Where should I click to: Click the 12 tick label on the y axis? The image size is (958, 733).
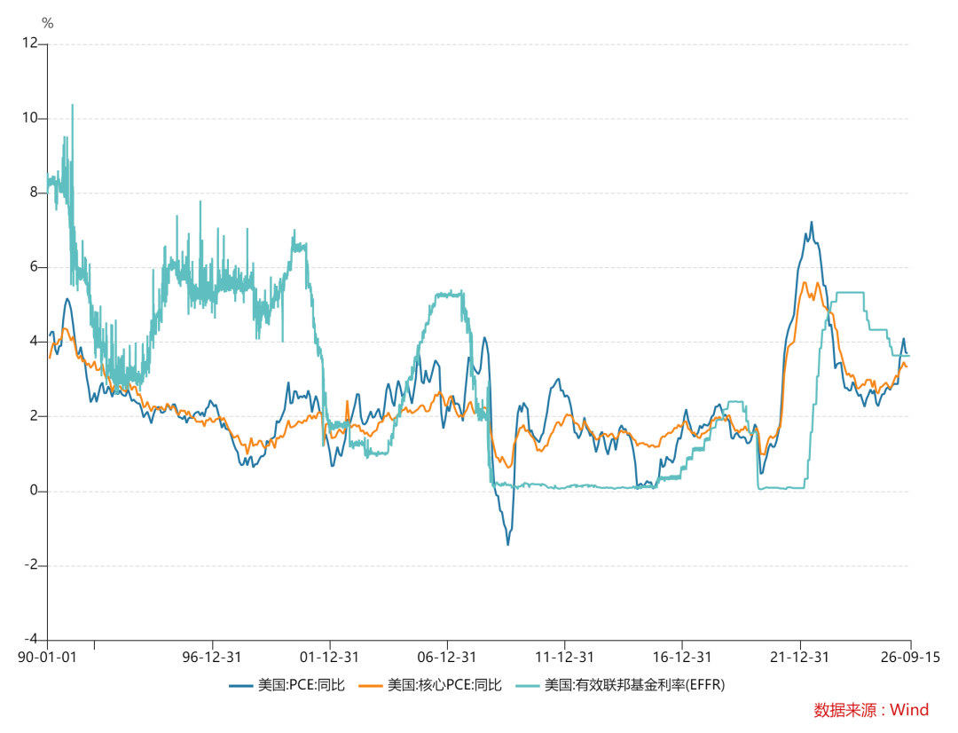click(x=29, y=43)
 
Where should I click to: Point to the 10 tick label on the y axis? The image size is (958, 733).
click(x=29, y=117)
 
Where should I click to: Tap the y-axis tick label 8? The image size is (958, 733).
click(x=34, y=192)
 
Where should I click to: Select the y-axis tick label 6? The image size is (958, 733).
click(x=34, y=266)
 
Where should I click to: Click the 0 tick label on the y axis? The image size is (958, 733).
click(x=34, y=491)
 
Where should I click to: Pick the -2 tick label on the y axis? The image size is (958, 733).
click(x=30, y=565)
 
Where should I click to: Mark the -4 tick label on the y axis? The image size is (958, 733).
click(x=30, y=639)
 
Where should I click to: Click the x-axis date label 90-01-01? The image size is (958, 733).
click(x=47, y=658)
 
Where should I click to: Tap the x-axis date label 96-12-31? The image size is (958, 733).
click(x=212, y=658)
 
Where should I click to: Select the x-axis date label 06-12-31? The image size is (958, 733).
click(x=446, y=658)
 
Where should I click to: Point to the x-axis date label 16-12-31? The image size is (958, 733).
click(x=682, y=658)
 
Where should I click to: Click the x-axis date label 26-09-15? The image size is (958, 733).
click(x=910, y=658)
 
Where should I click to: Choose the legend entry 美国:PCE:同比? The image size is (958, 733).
click(x=287, y=685)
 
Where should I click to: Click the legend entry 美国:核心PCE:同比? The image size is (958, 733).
click(x=430, y=685)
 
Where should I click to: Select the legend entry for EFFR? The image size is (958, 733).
click(x=620, y=685)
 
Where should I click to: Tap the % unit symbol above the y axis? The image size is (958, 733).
click(x=48, y=23)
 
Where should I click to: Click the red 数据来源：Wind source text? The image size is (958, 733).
click(x=871, y=710)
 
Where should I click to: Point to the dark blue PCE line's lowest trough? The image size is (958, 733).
click(x=507, y=544)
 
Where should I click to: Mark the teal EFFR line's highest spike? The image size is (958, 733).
click(x=73, y=105)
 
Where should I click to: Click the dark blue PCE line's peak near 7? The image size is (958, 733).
click(x=812, y=223)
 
